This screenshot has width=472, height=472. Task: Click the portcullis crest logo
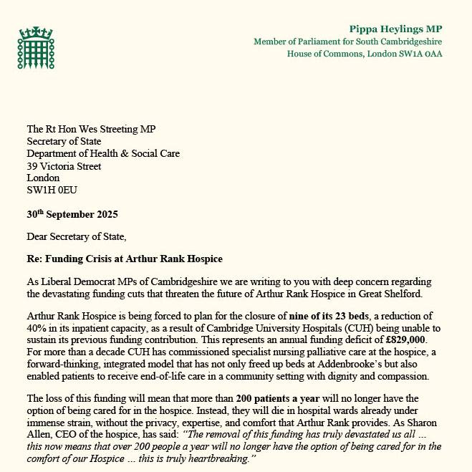pos(35,49)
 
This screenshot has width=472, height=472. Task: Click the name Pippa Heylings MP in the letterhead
pos(395,29)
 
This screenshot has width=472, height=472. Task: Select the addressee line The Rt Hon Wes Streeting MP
pos(91,129)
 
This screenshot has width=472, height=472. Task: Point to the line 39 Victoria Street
pos(63,165)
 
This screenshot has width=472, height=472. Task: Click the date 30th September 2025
pos(72,214)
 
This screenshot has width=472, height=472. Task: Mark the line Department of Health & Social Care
pos(103,153)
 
